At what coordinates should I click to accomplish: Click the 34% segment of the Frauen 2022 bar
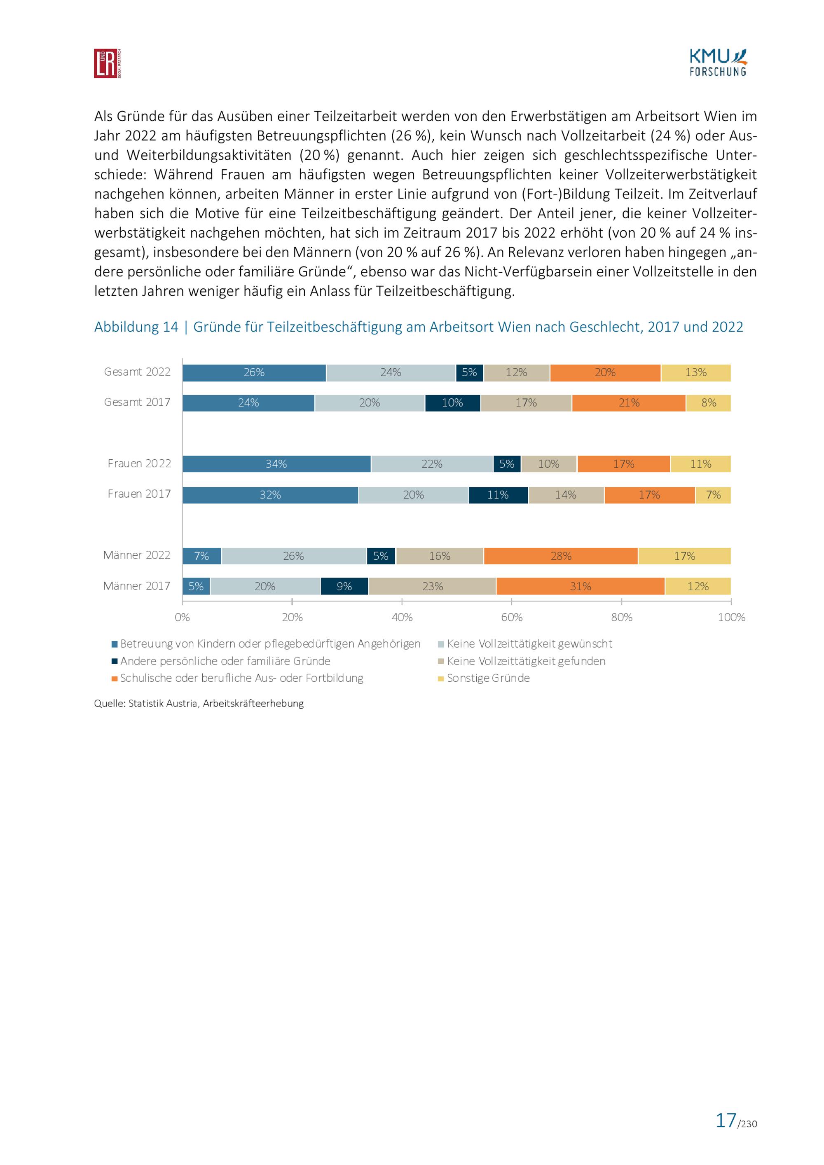coord(276,464)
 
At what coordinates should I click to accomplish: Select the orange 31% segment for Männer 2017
coord(581,586)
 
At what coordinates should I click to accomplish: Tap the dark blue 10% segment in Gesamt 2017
coord(453,403)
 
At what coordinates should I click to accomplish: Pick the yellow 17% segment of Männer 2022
coord(684,556)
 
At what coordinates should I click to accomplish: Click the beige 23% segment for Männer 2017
coord(432,586)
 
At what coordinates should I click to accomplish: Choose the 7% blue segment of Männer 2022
coord(202,556)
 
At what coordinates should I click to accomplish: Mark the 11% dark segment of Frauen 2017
coord(498,495)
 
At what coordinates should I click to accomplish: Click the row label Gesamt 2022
coord(137,372)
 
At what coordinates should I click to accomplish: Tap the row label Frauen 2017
coord(139,494)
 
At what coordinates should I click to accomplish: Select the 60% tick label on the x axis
coord(511,618)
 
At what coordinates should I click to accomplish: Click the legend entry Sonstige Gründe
coord(484,678)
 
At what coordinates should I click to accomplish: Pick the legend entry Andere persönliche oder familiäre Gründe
coord(221,661)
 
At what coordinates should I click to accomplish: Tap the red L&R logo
coord(107,63)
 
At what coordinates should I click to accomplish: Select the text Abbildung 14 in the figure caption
coord(136,327)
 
